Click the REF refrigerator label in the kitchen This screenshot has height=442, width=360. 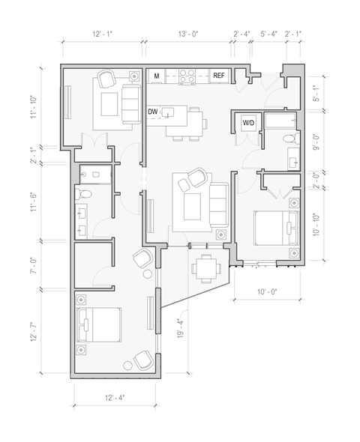click(x=219, y=76)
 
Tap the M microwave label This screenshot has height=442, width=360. click(x=157, y=76)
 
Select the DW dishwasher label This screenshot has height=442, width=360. click(x=153, y=112)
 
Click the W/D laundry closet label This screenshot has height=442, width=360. click(x=247, y=123)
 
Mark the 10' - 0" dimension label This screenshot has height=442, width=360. click(x=267, y=292)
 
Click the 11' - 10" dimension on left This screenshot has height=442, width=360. click(x=34, y=106)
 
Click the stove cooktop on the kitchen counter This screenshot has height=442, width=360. click(x=187, y=76)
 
